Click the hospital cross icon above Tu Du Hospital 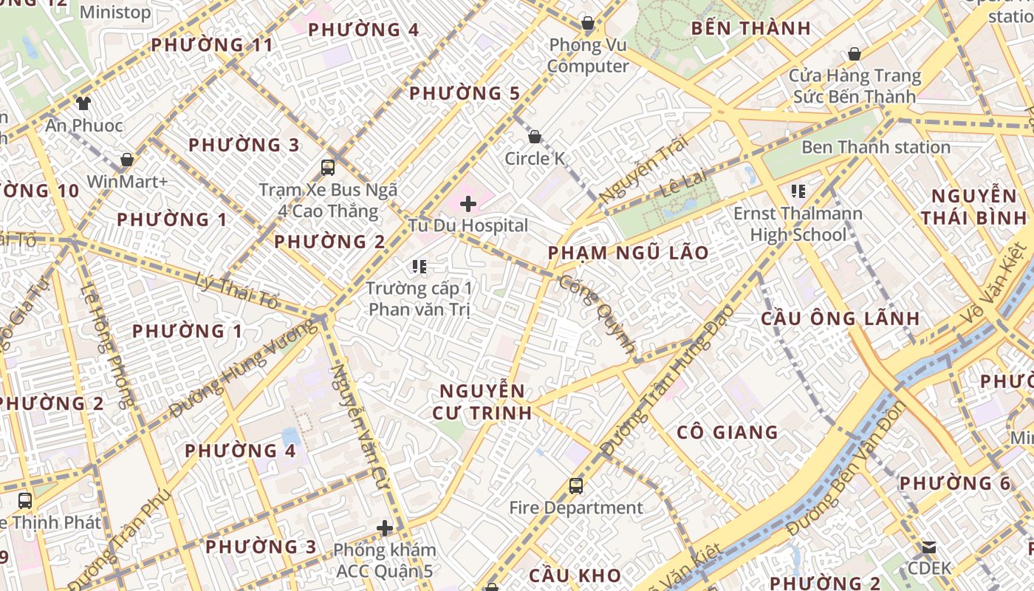pos(468,203)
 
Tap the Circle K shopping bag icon pos(535,137)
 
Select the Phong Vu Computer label pos(588,55)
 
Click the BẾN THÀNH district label pos(751,29)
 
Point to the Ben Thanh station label pos(876,147)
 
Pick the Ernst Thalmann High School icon pos(798,191)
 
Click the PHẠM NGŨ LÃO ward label pos(628,253)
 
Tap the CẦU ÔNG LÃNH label pos(840,319)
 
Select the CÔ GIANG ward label pos(727,432)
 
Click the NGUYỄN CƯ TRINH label pos(485,402)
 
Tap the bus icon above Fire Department pos(576,486)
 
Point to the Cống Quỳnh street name pos(598,314)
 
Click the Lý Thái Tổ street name pos(238,291)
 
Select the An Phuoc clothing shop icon pos(83,103)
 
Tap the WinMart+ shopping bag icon pos(127,160)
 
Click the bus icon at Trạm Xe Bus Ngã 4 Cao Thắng pos(328,168)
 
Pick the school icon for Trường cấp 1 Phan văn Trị pos(420,267)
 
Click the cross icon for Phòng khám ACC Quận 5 pos(385,528)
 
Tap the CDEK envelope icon pos(929,547)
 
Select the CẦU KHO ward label pos(575,575)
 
